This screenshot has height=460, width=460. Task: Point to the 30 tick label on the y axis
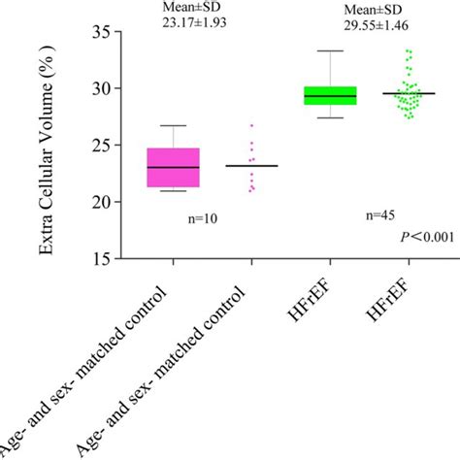[103, 88]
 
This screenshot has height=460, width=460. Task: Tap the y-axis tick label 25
[103, 146]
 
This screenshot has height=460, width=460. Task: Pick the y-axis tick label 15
[103, 259]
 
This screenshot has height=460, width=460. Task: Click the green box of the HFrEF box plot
[330, 95]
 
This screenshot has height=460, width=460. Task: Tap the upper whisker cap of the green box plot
[330, 50]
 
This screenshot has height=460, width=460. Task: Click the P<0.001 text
[428, 238]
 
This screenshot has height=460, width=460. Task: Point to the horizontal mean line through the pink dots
[251, 166]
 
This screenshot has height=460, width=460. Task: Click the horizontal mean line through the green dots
[408, 93]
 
